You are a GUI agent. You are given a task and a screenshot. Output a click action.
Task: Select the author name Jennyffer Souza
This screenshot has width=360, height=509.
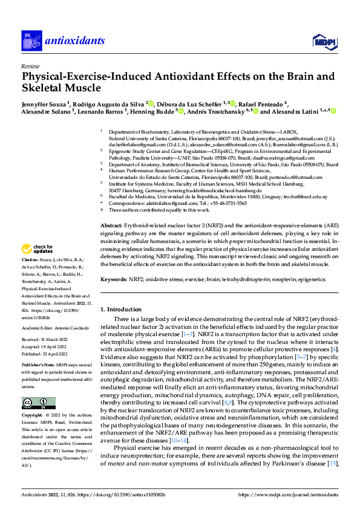[44, 103]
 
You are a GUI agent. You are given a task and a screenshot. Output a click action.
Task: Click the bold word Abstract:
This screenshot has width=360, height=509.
[111, 225]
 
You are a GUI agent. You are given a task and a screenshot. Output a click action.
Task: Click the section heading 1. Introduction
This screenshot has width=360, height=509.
[120, 309]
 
